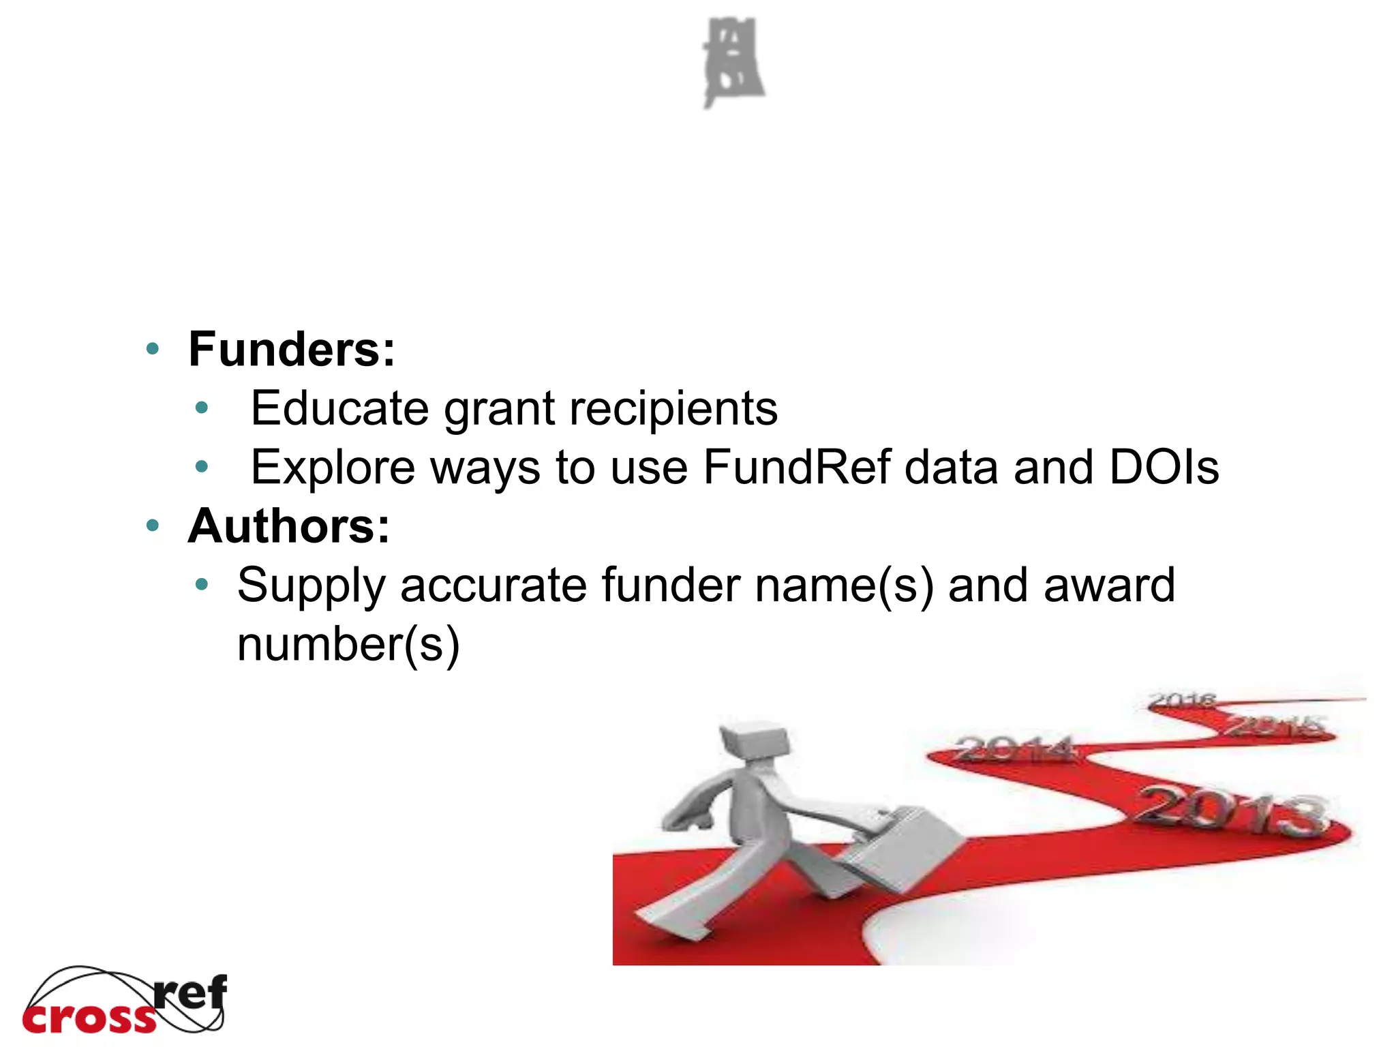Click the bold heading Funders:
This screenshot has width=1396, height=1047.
click(x=291, y=350)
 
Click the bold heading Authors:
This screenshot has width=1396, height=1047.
click(x=289, y=526)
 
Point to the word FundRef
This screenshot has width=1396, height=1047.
click(x=796, y=468)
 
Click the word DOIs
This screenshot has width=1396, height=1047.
click(x=1164, y=468)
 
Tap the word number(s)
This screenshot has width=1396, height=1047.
click(x=348, y=645)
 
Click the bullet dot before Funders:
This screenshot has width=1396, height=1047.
click(x=153, y=350)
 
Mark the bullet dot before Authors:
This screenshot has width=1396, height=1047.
click(x=153, y=526)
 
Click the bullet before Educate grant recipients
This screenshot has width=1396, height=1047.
click(x=201, y=408)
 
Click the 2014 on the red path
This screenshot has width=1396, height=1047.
click(x=1016, y=750)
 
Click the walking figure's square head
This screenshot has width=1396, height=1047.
click(x=755, y=740)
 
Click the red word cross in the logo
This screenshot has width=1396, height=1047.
click(x=89, y=1018)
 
